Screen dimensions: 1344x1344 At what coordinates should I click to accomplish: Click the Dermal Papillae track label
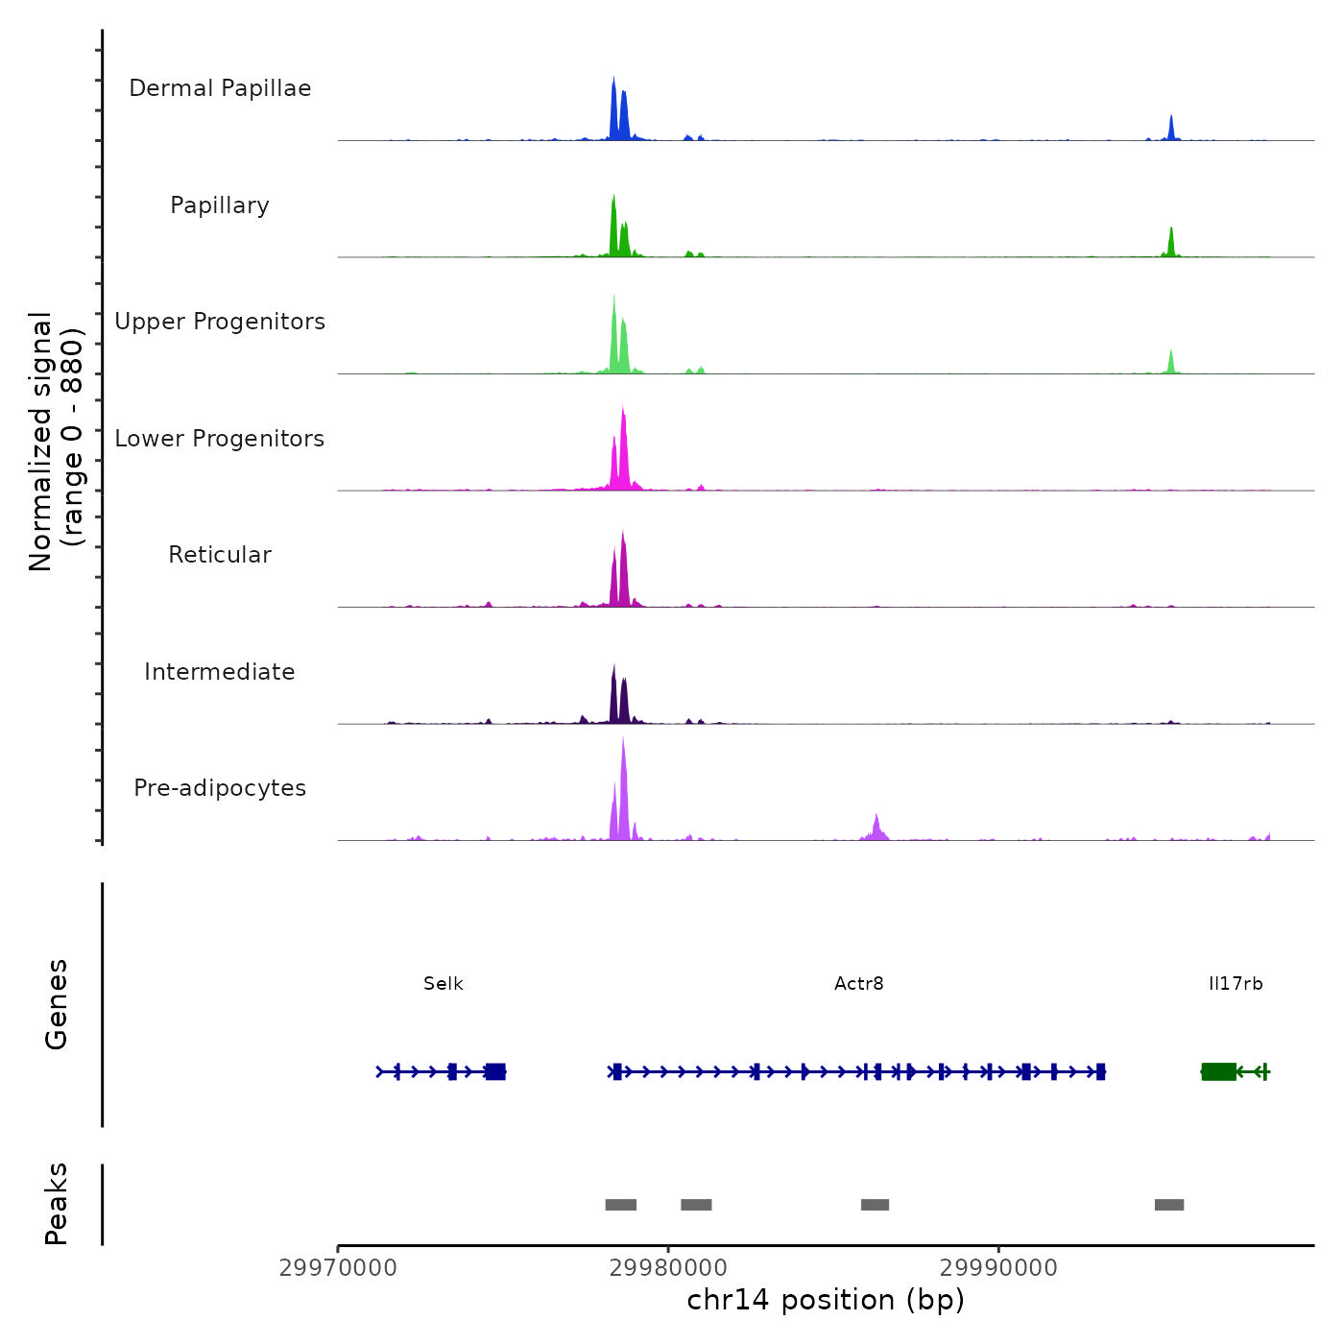click(220, 88)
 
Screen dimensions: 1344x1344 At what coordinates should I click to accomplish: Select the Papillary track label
click(220, 205)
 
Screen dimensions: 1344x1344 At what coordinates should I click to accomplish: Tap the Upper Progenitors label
click(220, 322)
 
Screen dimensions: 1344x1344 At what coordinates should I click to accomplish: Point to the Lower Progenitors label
click(220, 439)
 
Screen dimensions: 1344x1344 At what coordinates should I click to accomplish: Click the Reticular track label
click(220, 555)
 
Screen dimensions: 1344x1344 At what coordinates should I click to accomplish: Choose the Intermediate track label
click(220, 672)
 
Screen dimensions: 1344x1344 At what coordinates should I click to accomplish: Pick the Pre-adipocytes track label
click(220, 788)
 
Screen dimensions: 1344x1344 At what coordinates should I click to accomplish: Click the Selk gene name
click(444, 984)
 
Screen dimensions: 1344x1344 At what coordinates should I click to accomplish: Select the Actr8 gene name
click(859, 984)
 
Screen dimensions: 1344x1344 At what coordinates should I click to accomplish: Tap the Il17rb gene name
click(1236, 984)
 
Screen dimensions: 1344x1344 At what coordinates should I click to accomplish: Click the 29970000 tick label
click(338, 1268)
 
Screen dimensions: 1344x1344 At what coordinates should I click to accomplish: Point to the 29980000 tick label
click(668, 1268)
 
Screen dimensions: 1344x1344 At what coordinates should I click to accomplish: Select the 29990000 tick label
click(998, 1268)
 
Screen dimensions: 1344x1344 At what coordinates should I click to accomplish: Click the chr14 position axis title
click(826, 1301)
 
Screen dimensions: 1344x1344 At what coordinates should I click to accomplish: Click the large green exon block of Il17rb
click(1218, 1071)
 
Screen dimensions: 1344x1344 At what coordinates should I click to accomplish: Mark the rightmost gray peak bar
click(1169, 1205)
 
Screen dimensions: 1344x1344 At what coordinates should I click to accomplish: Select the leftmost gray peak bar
click(621, 1205)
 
